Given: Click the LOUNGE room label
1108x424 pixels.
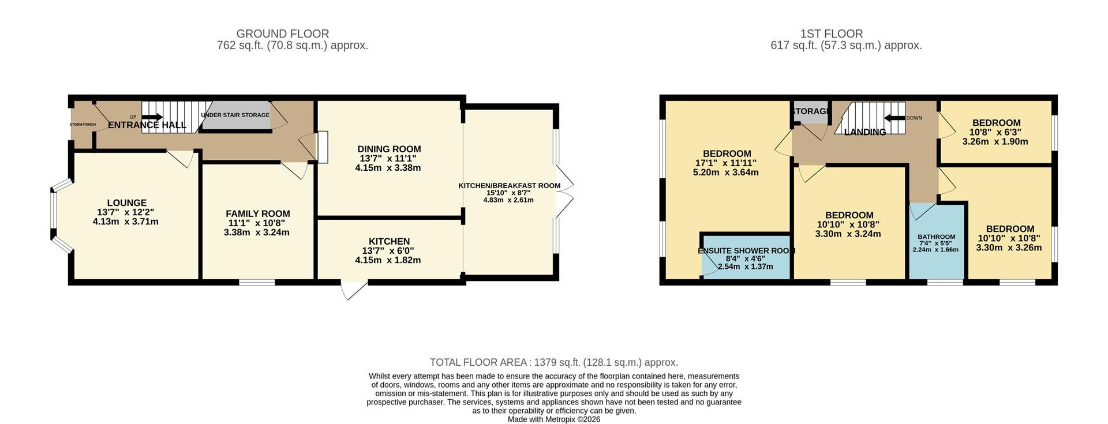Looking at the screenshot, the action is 126,202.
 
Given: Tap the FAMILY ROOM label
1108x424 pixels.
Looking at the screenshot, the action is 257,213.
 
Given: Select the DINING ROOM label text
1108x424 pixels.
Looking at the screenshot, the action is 389,149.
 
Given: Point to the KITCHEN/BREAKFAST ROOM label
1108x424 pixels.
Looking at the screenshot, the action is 509,186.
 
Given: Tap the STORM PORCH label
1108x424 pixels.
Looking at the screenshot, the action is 83,125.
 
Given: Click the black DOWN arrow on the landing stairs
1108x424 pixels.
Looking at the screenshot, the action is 894,118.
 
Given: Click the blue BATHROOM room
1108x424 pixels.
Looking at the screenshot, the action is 937,242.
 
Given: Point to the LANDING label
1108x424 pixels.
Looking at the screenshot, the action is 864,132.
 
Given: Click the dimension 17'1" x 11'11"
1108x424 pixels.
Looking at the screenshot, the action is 726,163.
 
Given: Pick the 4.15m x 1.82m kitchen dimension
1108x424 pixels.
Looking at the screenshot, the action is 388,260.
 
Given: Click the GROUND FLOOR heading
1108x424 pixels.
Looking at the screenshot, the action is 283,34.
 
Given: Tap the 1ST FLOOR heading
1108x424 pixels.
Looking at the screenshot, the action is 832,34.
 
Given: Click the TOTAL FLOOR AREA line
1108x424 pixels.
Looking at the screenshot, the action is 554,362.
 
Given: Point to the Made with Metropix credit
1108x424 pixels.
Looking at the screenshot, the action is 554,419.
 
